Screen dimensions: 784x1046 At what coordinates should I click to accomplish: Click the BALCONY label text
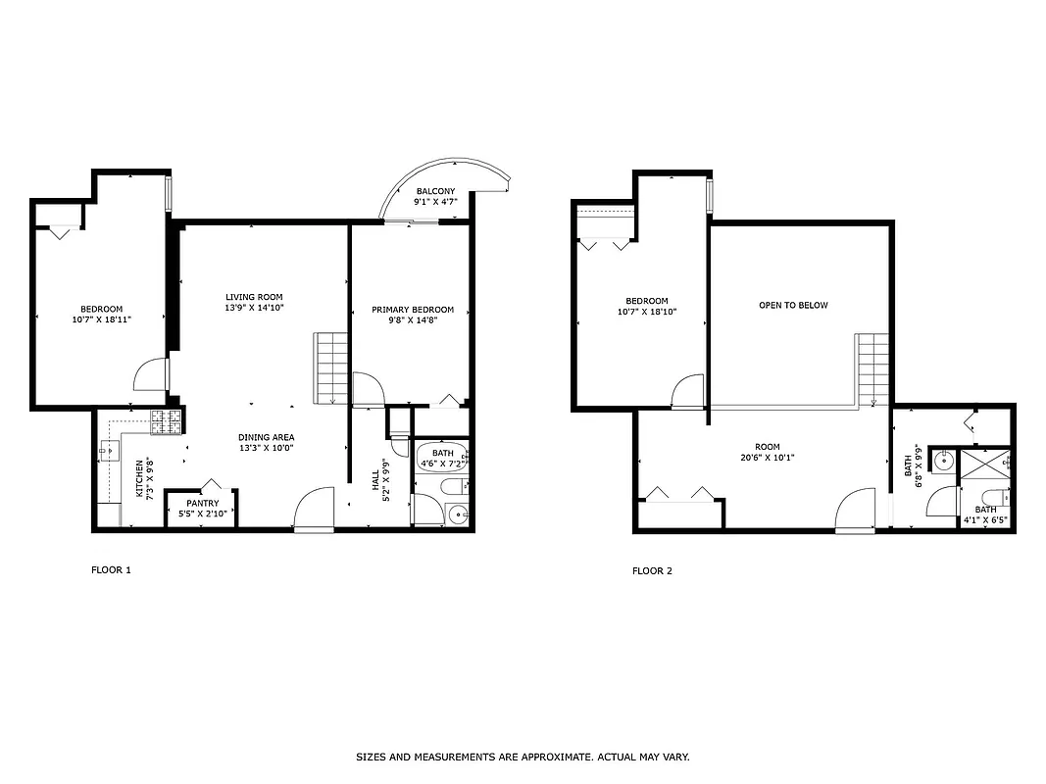(435, 191)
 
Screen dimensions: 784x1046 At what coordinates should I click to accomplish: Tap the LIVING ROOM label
(254, 297)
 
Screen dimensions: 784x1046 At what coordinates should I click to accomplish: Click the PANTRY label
(202, 503)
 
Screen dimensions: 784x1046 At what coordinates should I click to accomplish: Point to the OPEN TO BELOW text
(793, 305)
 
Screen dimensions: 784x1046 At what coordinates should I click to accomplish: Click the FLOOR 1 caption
(111, 569)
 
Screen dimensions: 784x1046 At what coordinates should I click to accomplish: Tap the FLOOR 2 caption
(652, 570)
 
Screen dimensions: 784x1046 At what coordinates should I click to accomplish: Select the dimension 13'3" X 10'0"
(266, 448)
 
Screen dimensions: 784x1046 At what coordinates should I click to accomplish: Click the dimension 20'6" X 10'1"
(768, 458)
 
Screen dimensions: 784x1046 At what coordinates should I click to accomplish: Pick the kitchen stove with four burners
(167, 422)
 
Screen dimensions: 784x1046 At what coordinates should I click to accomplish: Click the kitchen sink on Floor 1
(107, 452)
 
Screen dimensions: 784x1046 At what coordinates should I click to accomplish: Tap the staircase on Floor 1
(331, 367)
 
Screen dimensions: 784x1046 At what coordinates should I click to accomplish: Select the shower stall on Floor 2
(986, 463)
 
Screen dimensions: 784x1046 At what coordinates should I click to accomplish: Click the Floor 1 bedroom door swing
(152, 375)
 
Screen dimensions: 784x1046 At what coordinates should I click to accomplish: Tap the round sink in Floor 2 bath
(944, 460)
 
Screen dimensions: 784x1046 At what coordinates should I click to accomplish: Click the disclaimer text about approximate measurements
(523, 757)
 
